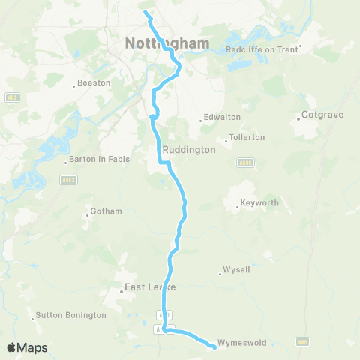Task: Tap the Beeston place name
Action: coord(94,83)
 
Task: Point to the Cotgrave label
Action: coord(321,115)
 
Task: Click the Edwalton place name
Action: coord(223,118)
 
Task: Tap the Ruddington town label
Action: coord(193,149)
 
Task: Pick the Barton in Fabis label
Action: coord(99,159)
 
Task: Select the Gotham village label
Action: coord(106,211)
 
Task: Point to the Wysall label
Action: coord(235,270)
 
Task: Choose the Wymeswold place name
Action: coord(238,343)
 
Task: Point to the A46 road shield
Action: coord(302,342)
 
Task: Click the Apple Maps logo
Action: coord(27,347)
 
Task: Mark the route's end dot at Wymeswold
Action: coord(214,345)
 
